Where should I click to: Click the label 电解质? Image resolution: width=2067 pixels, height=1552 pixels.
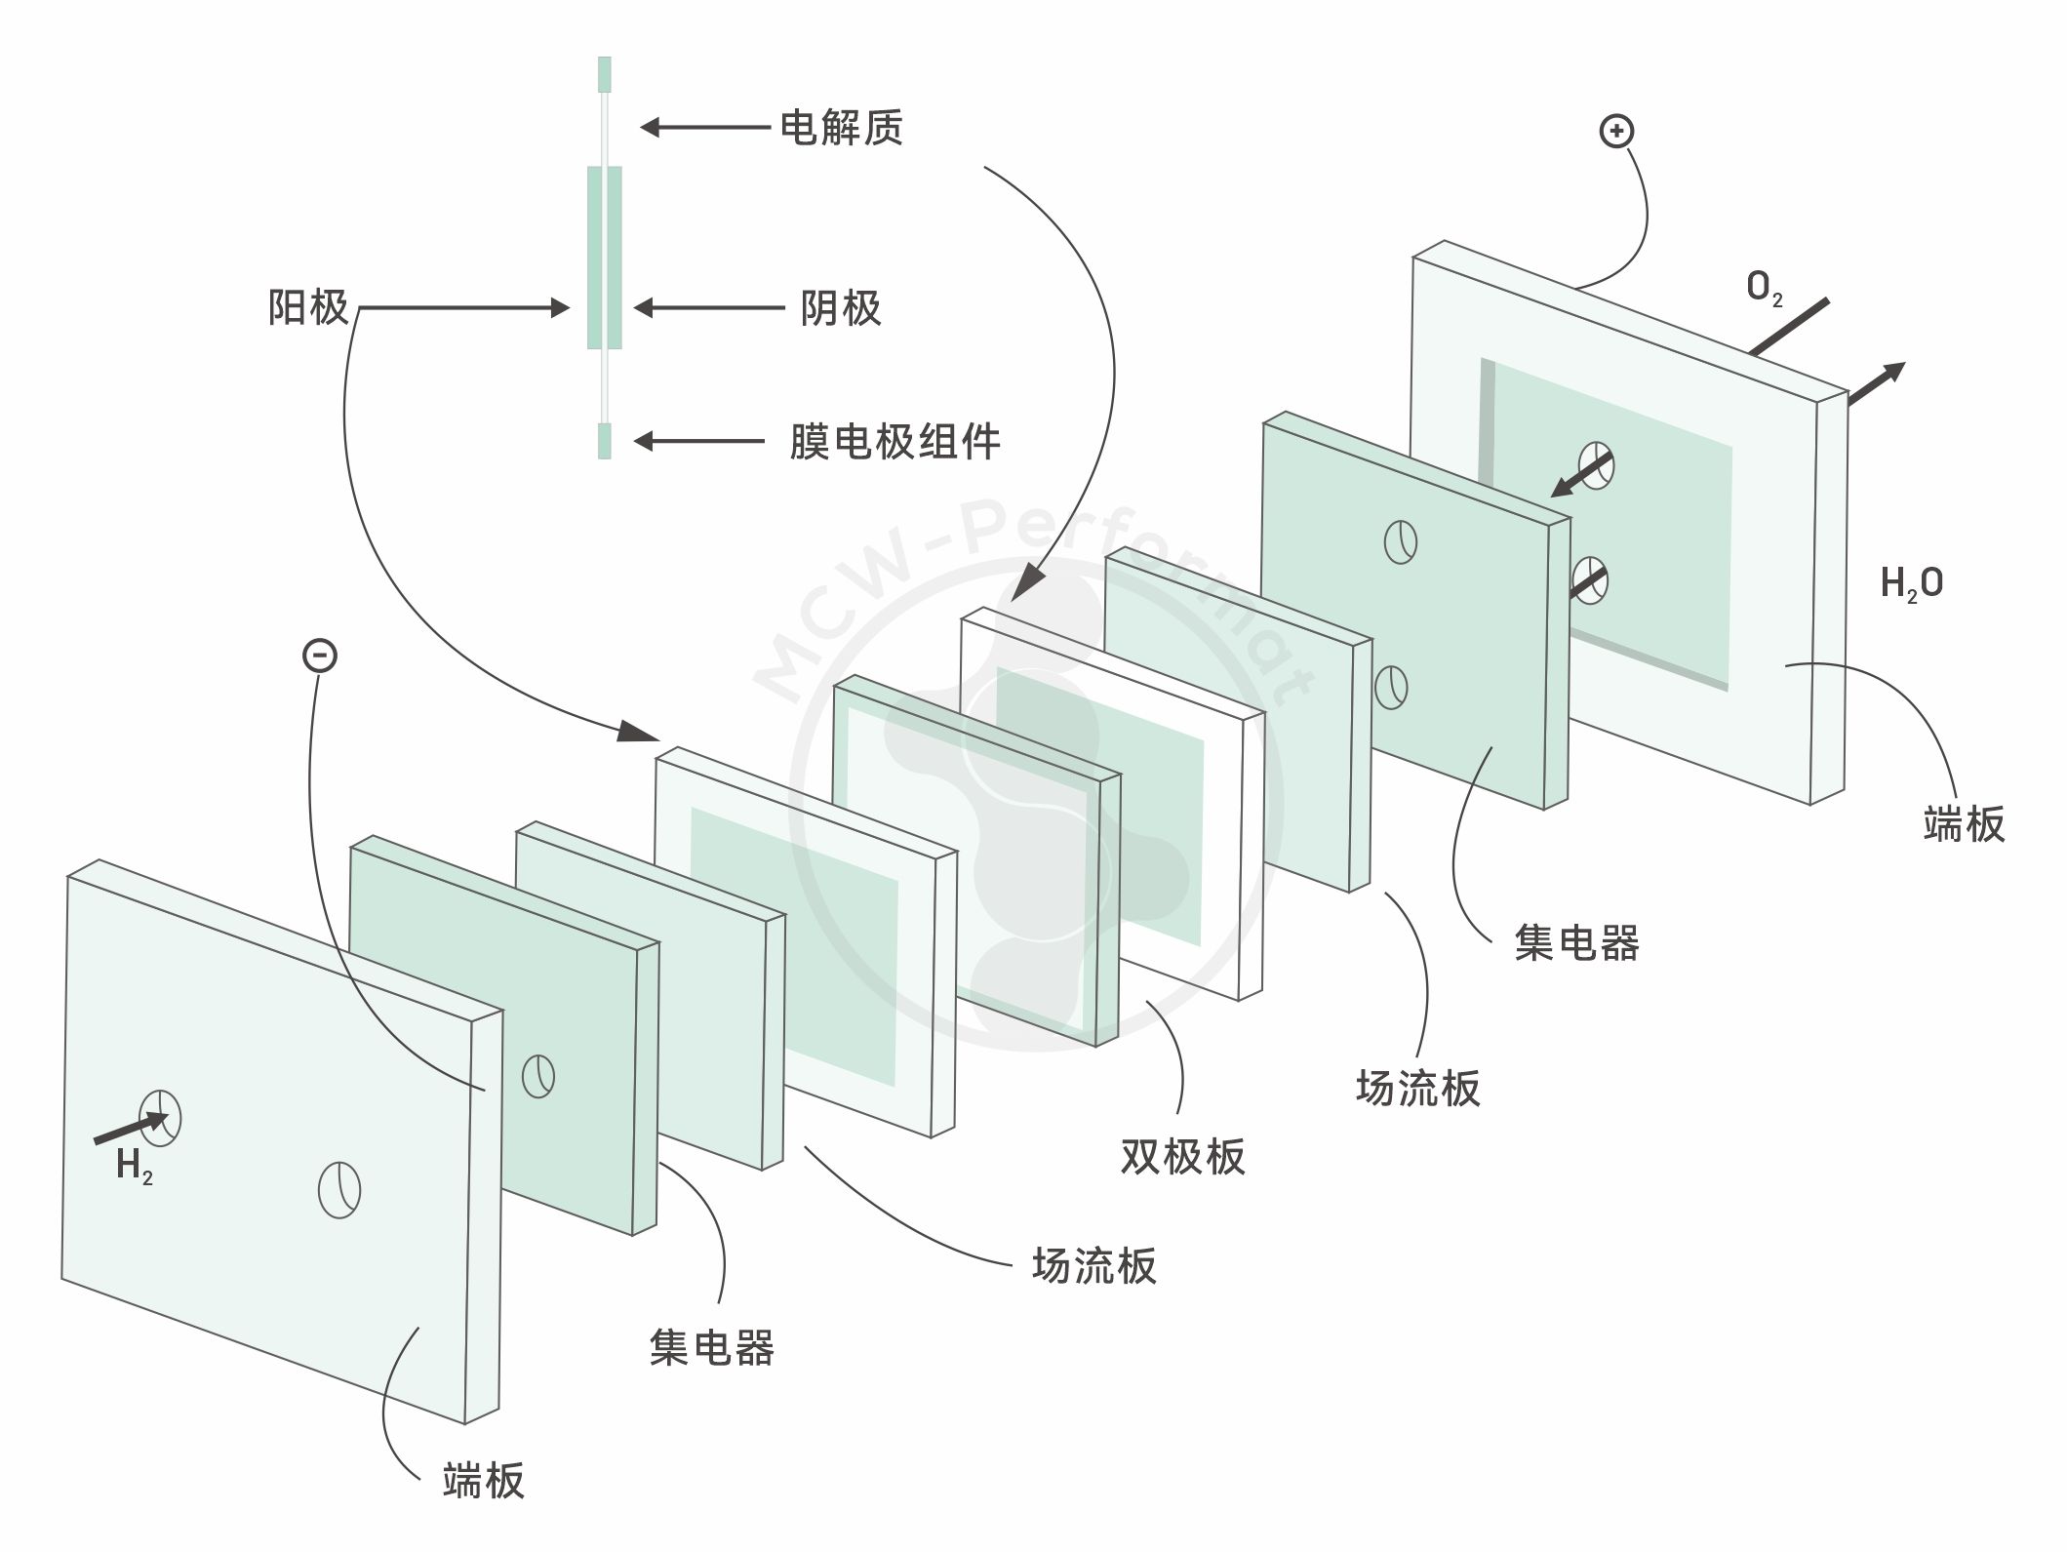coord(841,128)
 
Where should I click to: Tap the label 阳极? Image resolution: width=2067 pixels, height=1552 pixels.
coord(308,308)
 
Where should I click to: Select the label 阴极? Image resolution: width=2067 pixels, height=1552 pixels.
coord(841,308)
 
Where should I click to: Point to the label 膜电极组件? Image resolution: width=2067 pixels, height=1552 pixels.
coord(894,442)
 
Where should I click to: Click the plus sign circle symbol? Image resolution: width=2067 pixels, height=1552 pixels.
coord(1616,131)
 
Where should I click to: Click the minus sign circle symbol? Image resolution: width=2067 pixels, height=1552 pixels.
coord(320,655)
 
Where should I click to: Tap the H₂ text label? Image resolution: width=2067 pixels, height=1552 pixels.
coord(134,1166)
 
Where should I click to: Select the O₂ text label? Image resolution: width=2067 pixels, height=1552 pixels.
coord(1764,288)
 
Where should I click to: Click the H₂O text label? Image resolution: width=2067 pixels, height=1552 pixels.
coord(1911,583)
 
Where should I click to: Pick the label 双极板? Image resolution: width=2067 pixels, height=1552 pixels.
coord(1182,1157)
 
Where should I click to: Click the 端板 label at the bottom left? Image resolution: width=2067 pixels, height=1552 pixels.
coord(483,1480)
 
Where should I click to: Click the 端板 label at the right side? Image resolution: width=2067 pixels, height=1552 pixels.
coord(1964,824)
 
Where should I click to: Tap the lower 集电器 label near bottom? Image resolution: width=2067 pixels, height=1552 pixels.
coord(711,1348)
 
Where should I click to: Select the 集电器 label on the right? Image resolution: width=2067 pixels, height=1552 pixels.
coord(1576,943)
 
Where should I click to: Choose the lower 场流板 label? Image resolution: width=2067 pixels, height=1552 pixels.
coord(1094,1266)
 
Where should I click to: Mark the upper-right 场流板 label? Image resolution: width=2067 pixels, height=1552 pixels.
coord(1417,1088)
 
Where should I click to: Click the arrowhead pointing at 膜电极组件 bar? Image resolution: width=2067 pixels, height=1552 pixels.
coord(646,442)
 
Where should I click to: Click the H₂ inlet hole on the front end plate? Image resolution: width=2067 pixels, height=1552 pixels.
coord(160,1117)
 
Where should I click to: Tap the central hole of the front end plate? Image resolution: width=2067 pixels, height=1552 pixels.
coord(339,1190)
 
